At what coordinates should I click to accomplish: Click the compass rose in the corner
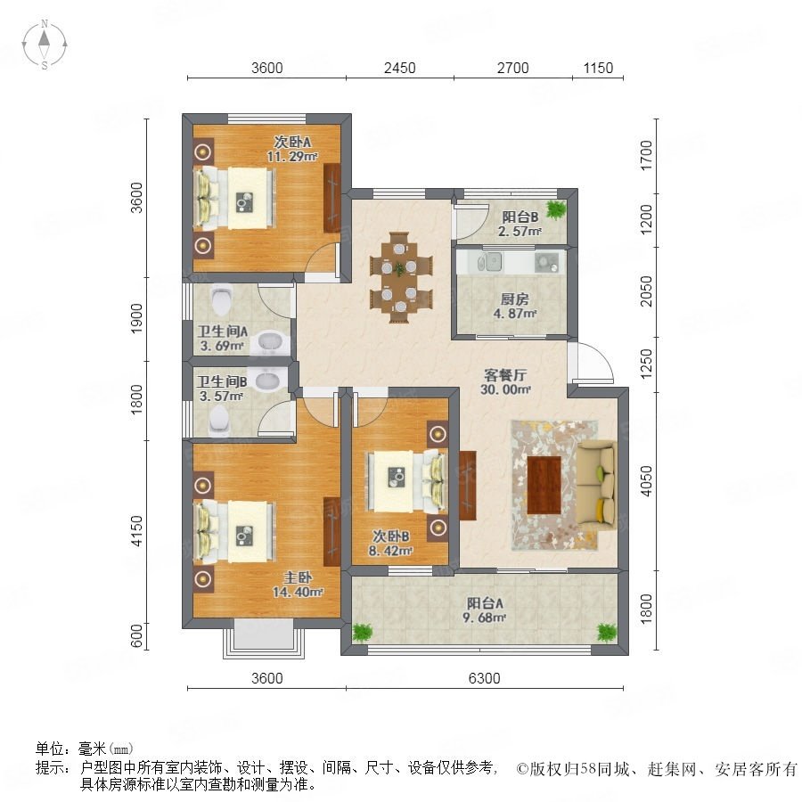click(45, 45)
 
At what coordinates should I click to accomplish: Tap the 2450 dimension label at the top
click(399, 68)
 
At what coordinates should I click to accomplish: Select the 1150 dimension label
click(598, 68)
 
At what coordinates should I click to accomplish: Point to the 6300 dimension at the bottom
click(484, 678)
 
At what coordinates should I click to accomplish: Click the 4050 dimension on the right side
click(647, 481)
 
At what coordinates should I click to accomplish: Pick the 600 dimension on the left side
click(136, 636)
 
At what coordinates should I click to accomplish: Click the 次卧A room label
click(292, 141)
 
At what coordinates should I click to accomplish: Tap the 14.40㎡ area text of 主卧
click(298, 593)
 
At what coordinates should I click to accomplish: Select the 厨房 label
click(514, 299)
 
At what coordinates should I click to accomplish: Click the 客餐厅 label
click(505, 375)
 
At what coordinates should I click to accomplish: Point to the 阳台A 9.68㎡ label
click(485, 610)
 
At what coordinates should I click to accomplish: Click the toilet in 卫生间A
click(222, 299)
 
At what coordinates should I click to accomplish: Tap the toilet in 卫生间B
click(219, 421)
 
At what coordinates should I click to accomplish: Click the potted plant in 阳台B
click(555, 209)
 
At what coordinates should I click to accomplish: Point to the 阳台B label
click(520, 217)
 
